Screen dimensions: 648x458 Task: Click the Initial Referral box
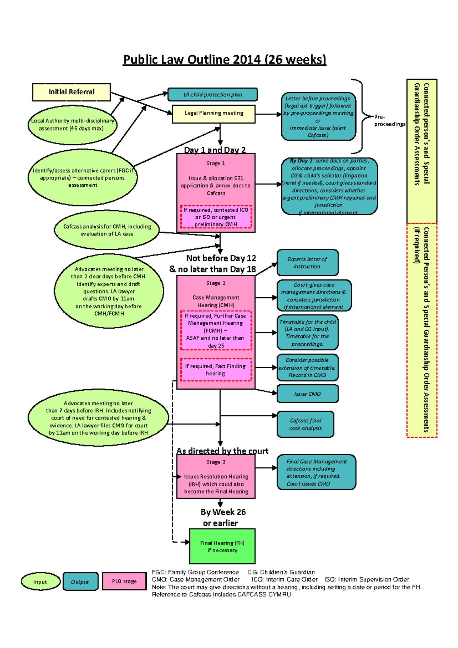point(71,92)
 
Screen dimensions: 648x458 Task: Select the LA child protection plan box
point(213,95)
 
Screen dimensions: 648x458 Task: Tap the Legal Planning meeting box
point(214,114)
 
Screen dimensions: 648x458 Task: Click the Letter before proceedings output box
point(318,116)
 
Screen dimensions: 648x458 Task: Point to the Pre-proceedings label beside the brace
point(389,121)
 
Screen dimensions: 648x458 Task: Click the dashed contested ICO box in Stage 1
point(216,217)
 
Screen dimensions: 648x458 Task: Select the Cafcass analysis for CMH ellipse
point(107,230)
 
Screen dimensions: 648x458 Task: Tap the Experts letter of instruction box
point(307,263)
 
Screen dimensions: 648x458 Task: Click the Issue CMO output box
point(307,394)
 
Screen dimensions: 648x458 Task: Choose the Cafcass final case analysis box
point(305,424)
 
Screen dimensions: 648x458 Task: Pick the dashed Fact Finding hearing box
point(216,369)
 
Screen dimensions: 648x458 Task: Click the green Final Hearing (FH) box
point(222,546)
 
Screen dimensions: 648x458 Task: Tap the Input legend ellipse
point(40,582)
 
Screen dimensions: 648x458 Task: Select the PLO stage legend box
point(124,581)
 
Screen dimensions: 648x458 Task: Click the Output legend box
point(80,582)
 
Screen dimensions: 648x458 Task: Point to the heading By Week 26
point(223,512)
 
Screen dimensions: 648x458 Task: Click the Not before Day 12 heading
point(221,258)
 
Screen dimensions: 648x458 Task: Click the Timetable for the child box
point(307,333)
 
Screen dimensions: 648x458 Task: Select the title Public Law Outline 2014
point(224,60)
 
